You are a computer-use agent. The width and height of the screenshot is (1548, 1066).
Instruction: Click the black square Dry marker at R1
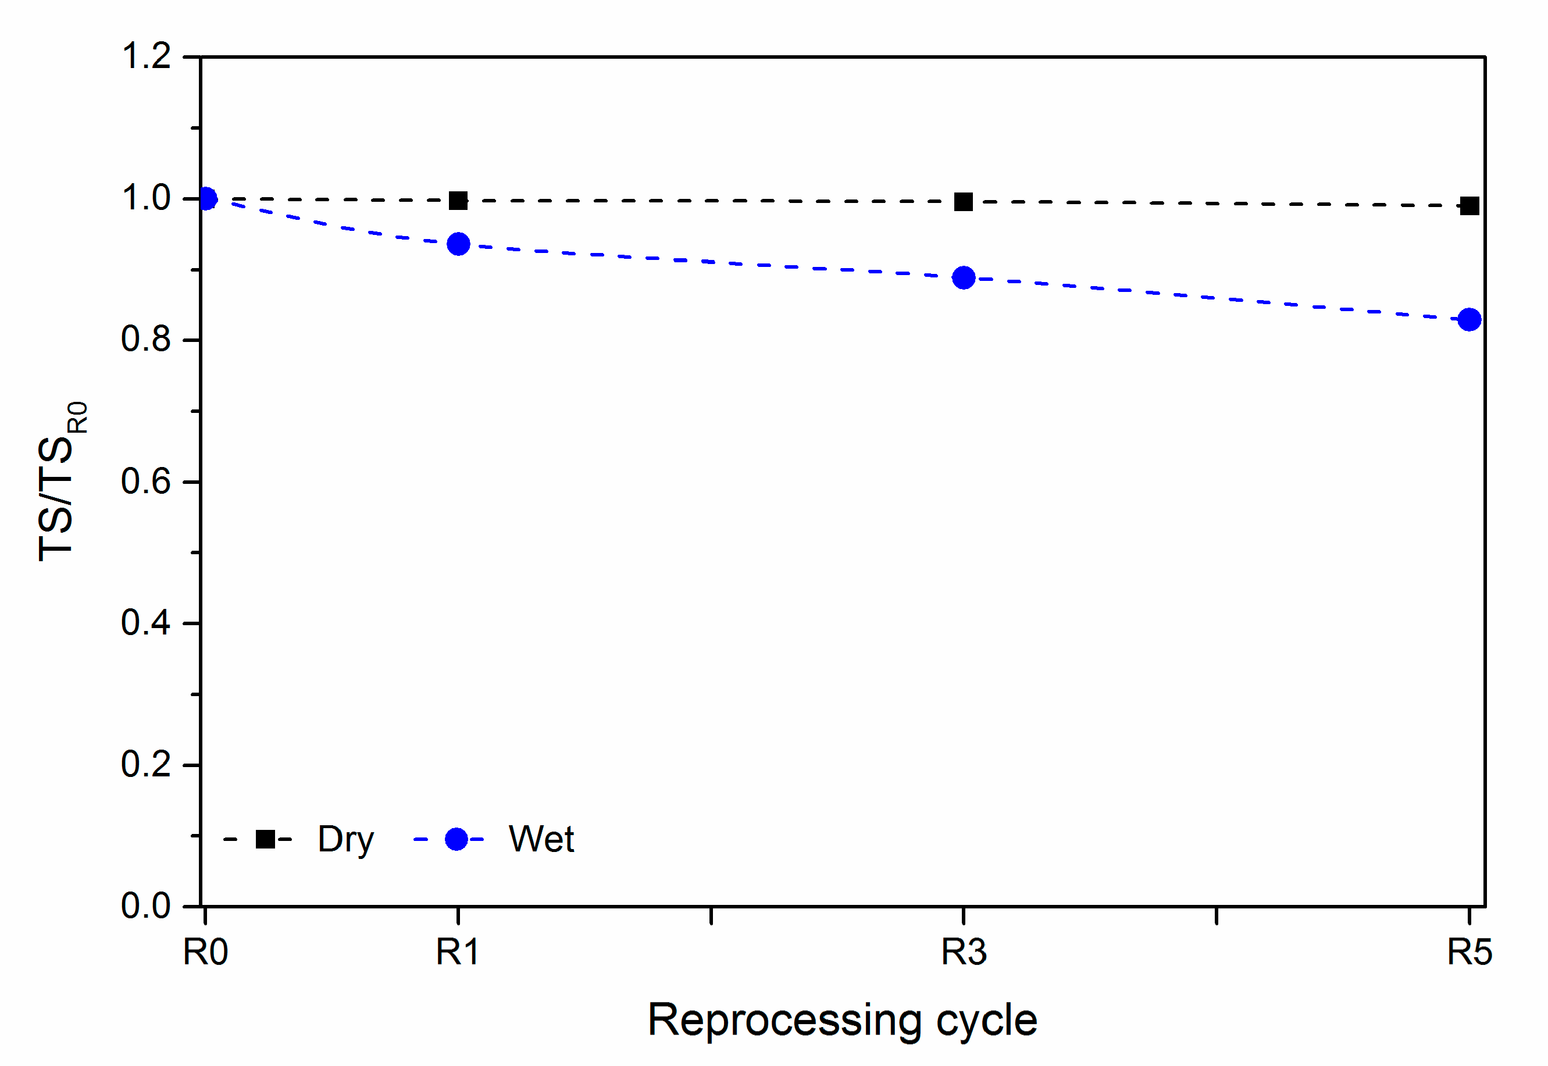click(458, 201)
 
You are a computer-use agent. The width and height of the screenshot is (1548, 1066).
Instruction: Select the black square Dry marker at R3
click(964, 202)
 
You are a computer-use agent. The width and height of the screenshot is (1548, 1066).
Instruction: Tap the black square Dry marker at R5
click(1469, 206)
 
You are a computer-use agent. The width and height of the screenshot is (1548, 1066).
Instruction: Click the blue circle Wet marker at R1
click(458, 244)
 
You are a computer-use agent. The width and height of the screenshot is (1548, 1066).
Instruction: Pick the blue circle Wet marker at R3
click(964, 277)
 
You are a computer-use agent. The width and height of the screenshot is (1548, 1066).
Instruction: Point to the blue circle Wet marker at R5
click(1469, 319)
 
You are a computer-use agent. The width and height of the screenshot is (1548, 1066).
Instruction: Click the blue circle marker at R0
click(206, 199)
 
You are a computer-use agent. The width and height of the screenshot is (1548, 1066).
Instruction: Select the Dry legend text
click(345, 840)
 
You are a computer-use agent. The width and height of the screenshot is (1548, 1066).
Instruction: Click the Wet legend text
click(541, 839)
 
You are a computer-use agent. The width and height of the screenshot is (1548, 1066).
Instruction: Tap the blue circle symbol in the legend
click(456, 839)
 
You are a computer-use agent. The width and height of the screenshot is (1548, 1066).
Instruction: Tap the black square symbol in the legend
click(265, 839)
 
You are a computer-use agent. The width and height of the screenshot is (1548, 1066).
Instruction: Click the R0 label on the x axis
click(206, 952)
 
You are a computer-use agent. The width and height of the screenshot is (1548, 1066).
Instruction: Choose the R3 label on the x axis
click(964, 952)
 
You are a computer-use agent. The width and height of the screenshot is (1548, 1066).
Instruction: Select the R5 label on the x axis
click(1469, 952)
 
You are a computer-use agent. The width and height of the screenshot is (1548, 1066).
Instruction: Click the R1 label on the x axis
click(458, 952)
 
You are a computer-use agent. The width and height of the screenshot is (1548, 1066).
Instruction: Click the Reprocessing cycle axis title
click(842, 1020)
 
